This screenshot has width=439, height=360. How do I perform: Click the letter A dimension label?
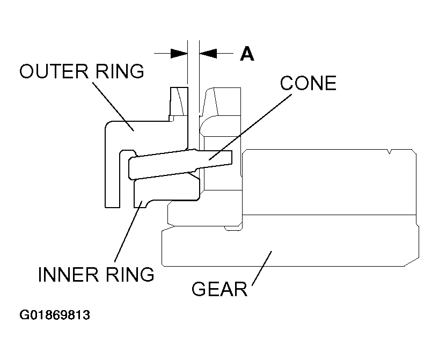[246, 54]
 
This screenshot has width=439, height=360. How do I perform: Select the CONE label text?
[308, 83]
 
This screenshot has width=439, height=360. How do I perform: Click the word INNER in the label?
[65, 274]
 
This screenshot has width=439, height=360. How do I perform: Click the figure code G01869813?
[55, 315]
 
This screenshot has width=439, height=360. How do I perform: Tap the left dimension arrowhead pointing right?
[179, 53]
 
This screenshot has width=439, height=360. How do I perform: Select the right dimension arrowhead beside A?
[208, 53]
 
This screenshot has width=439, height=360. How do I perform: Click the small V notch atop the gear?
[388, 155]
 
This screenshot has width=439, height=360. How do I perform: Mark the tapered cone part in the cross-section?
[177, 163]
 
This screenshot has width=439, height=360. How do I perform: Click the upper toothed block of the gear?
[327, 182]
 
